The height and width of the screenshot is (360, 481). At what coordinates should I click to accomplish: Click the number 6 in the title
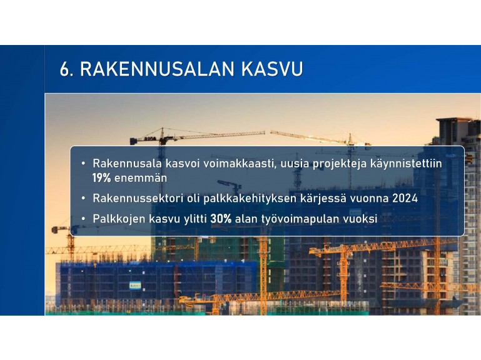point(65,69)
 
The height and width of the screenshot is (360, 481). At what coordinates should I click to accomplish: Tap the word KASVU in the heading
point(272,69)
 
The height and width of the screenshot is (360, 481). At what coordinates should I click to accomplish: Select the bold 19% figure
point(101,178)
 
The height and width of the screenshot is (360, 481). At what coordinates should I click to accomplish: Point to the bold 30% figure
point(221,219)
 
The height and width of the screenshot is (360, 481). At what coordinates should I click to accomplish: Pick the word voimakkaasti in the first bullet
point(241,164)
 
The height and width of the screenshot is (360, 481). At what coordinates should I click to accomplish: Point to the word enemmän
point(141,178)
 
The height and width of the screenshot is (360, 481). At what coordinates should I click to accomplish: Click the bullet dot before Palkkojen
point(83,219)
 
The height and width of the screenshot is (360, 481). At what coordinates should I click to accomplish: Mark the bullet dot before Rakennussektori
point(83,198)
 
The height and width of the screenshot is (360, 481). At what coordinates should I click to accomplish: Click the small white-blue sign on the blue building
point(135,286)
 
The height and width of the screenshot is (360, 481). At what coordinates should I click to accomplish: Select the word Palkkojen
point(119,219)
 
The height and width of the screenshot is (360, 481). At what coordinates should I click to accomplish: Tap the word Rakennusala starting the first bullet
point(128,164)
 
